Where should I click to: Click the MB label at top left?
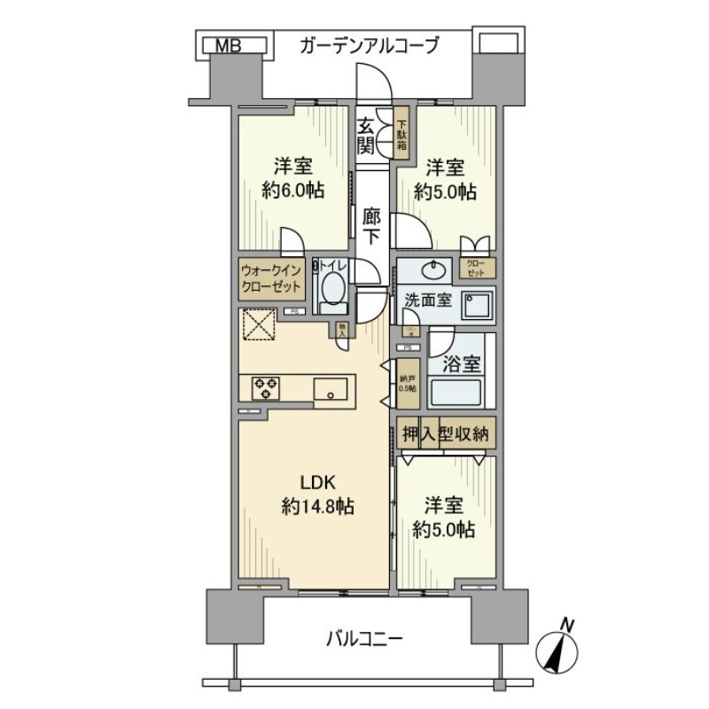[x=227, y=44]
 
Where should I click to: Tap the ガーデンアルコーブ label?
[x=369, y=45]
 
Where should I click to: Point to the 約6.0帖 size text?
[x=293, y=191]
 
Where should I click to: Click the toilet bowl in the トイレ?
[x=333, y=289]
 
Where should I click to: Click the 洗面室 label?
[x=429, y=300]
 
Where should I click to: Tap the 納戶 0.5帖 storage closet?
[x=407, y=382]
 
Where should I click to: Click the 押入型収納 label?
[x=446, y=433]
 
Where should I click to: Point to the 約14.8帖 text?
[x=318, y=507]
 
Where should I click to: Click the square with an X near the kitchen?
[x=259, y=323]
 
